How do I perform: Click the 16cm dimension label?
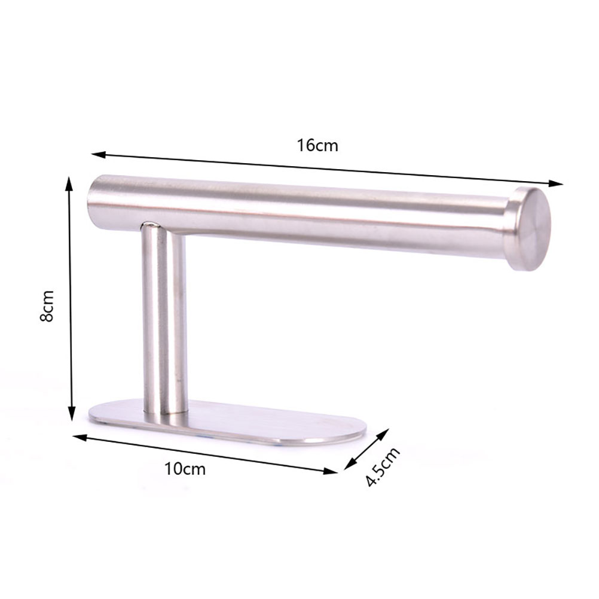[317, 145]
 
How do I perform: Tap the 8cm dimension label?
[47, 306]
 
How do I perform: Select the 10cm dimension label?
[185, 469]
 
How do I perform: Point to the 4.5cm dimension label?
[383, 466]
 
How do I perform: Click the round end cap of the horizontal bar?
[529, 229]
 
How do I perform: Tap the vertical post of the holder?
[164, 319]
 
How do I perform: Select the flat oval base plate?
[227, 423]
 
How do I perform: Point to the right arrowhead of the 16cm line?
[556, 184]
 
